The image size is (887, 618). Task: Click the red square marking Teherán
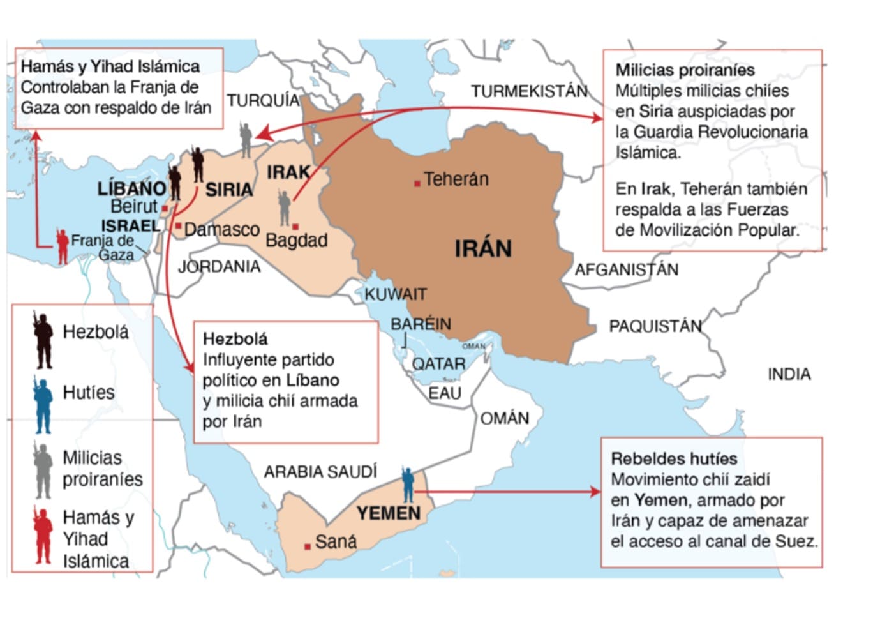pyautogui.click(x=417, y=183)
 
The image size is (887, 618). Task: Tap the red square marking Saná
pyautogui.click(x=308, y=546)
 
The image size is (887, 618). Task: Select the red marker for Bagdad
pyautogui.click(x=295, y=227)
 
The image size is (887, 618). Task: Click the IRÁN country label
pyautogui.click(x=483, y=248)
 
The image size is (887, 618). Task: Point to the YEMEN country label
pyautogui.click(x=388, y=513)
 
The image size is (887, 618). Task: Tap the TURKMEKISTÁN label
pyautogui.click(x=529, y=92)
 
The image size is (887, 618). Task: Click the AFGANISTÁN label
pyautogui.click(x=626, y=270)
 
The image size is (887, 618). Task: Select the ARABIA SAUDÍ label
pyautogui.click(x=320, y=472)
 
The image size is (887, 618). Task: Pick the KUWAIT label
pyautogui.click(x=395, y=294)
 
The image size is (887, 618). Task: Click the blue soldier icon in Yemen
pyautogui.click(x=408, y=485)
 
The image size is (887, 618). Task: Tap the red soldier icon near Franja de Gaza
pyautogui.click(x=62, y=246)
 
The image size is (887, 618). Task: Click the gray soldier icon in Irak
pyautogui.click(x=285, y=208)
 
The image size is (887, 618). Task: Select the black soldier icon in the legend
pyautogui.click(x=43, y=340)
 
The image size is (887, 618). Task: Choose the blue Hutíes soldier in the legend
pyautogui.click(x=43, y=405)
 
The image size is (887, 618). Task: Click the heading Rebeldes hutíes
pyautogui.click(x=674, y=458)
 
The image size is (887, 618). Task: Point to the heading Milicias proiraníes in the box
pyautogui.click(x=685, y=70)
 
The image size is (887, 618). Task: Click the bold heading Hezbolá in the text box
pyautogui.click(x=235, y=338)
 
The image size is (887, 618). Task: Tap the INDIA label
pyautogui.click(x=789, y=374)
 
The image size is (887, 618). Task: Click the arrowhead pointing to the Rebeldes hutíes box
pyautogui.click(x=596, y=491)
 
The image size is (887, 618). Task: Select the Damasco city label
pyautogui.click(x=221, y=229)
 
